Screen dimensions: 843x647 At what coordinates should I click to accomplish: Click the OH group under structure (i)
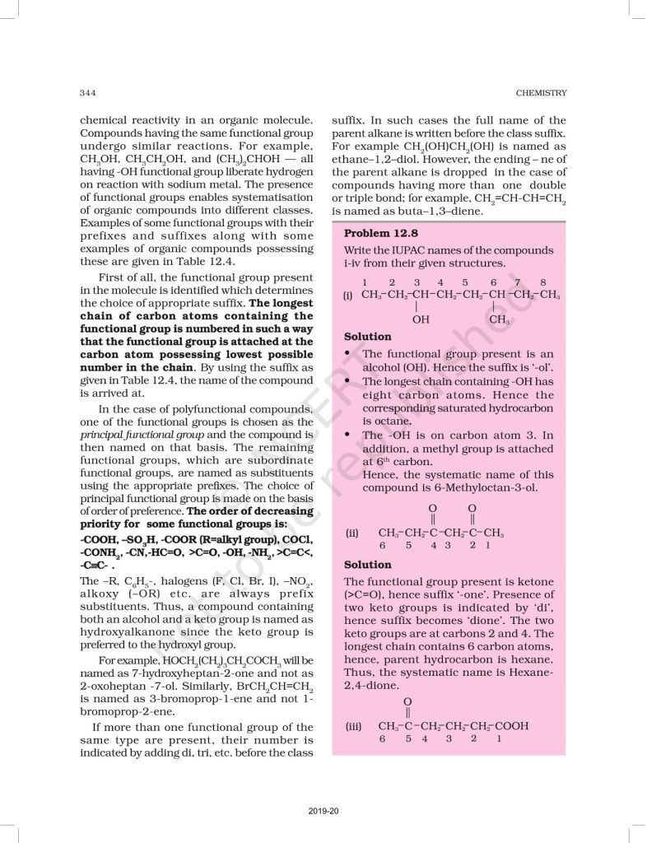coord(421,318)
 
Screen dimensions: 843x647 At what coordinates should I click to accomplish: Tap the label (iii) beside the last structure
coord(353,725)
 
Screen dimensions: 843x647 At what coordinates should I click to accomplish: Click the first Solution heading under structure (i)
coord(367,337)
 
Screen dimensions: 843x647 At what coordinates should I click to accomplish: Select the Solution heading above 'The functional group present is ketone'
coord(367,565)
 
